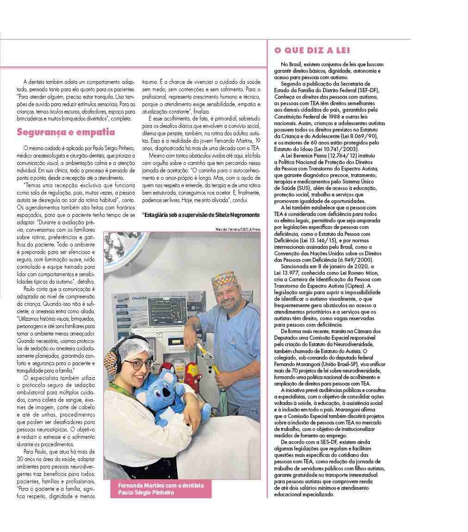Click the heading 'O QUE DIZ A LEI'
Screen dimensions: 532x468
click(x=312, y=51)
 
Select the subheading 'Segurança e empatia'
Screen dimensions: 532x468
click(x=66, y=132)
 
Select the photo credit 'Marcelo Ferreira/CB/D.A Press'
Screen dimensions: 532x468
click(x=238, y=229)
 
